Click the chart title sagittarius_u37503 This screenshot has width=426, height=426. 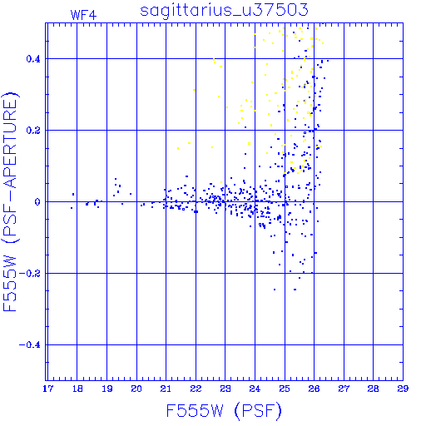click(224, 11)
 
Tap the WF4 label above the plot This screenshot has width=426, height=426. click(83, 15)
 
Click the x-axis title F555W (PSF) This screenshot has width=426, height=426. click(224, 411)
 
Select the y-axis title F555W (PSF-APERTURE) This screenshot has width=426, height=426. click(11, 202)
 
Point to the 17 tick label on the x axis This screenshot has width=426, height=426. click(47, 389)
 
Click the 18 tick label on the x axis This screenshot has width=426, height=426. click(77, 389)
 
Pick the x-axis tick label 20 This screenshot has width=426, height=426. click(136, 389)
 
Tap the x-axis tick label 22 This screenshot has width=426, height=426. click(196, 389)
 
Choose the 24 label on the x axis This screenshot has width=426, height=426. click(255, 389)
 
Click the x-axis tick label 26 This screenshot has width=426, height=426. click(314, 389)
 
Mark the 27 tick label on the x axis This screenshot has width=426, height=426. click(344, 389)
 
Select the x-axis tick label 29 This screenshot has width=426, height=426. click(403, 389)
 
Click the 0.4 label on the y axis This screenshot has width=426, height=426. click(33, 59)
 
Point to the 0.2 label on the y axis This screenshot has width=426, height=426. click(33, 131)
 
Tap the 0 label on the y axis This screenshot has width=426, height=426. click(37, 202)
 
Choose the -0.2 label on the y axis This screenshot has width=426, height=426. click(29, 274)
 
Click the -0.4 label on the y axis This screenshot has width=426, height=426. click(29, 345)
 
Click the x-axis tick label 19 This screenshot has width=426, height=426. click(107, 389)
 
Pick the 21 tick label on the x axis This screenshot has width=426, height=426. click(166, 389)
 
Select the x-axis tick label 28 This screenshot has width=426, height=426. click(373, 389)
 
